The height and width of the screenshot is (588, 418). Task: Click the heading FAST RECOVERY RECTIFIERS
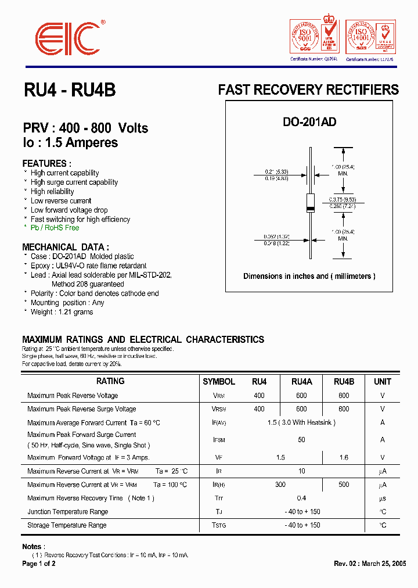tap(308, 90)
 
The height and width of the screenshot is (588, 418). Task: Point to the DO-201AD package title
tap(309, 122)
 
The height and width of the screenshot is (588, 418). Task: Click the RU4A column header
tap(301, 382)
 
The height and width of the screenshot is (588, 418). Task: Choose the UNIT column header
tap(383, 382)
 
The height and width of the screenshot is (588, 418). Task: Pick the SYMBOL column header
tap(219, 382)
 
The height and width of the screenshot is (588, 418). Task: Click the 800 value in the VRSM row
tap(344, 409)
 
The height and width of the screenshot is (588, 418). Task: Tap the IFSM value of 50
tap(301, 440)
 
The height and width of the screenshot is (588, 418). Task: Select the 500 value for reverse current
tap(344, 485)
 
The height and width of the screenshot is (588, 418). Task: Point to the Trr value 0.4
tap(301, 499)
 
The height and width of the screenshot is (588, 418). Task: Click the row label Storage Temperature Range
tap(67, 525)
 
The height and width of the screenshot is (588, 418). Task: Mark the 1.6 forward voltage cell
tap(344, 458)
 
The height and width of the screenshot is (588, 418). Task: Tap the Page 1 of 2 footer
tap(39, 564)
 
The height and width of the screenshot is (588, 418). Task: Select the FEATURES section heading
tap(47, 163)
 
